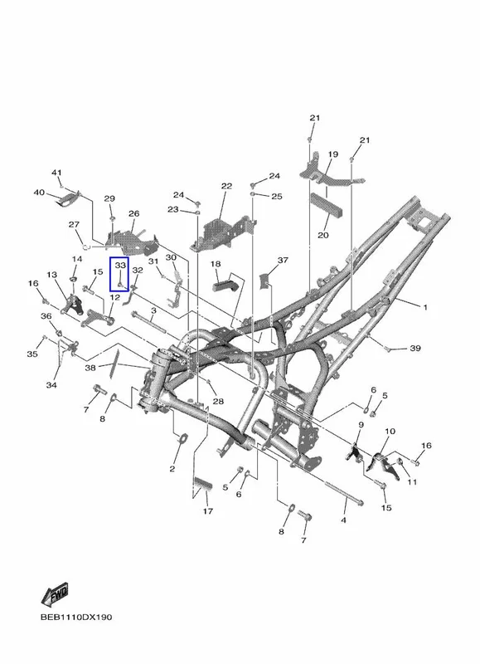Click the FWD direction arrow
[55, 595]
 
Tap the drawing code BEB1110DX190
[76, 617]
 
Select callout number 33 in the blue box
[120, 266]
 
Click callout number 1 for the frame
[425, 307]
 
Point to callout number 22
[226, 186]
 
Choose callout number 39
[415, 348]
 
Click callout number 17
[207, 511]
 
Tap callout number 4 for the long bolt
[343, 520]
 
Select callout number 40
[39, 193]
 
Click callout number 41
[56, 173]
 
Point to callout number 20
[323, 235]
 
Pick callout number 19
[333, 154]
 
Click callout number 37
[283, 260]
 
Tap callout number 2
[172, 468]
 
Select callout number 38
[90, 368]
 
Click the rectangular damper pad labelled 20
[327, 205]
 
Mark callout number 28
[218, 401]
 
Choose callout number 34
[51, 385]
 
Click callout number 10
[390, 432]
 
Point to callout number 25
[277, 197]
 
